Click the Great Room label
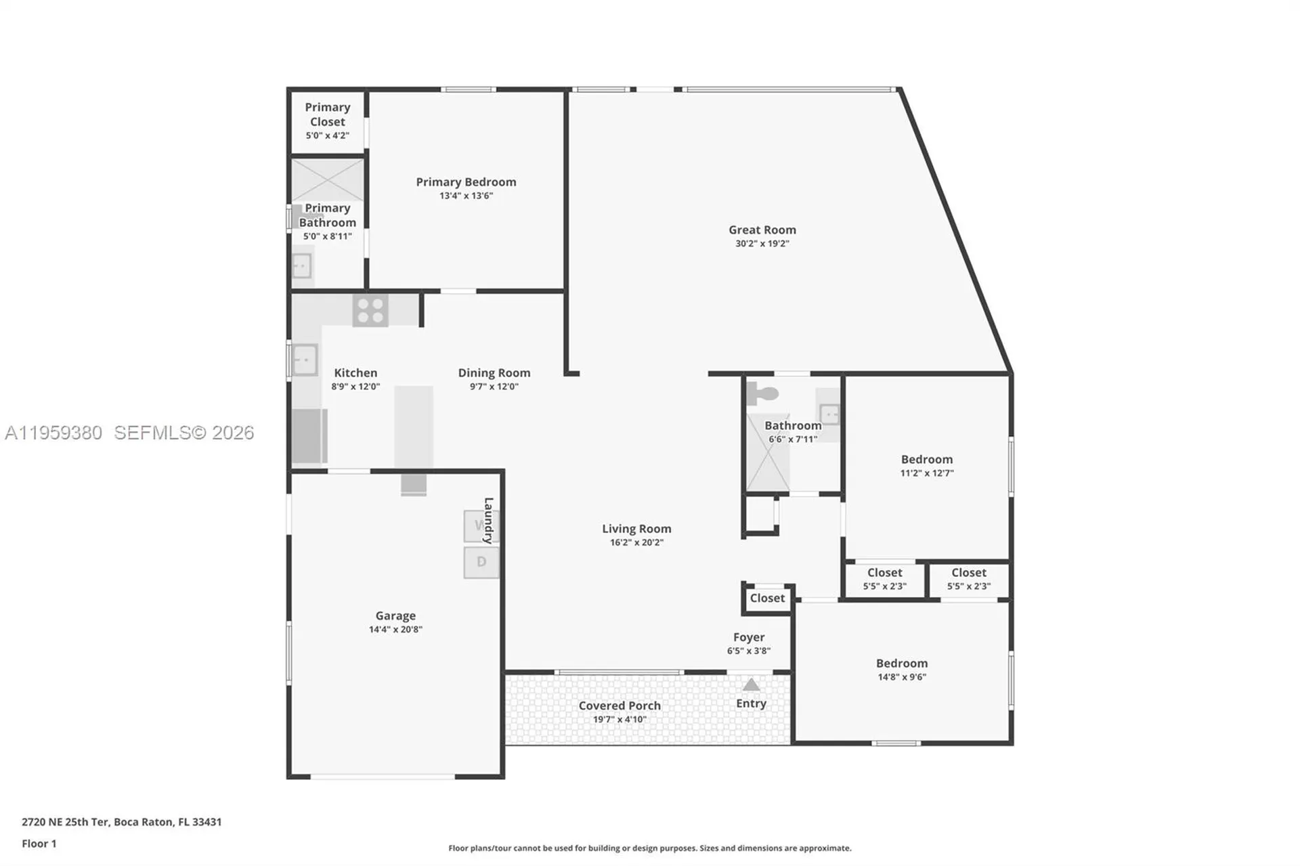click(762, 230)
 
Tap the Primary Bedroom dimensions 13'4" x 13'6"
click(466, 196)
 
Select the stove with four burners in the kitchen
click(370, 311)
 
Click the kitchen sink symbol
click(305, 360)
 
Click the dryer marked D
click(481, 562)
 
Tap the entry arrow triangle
click(751, 685)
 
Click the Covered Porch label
click(619, 706)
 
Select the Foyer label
click(748, 637)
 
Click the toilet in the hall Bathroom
click(763, 393)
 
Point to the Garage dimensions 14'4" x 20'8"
click(395, 630)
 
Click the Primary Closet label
click(327, 114)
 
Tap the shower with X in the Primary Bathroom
click(328, 179)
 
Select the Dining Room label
click(494, 373)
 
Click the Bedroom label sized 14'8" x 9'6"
click(901, 664)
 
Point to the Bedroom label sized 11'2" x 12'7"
click(926, 460)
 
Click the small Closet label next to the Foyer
click(767, 599)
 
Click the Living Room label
click(636, 529)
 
